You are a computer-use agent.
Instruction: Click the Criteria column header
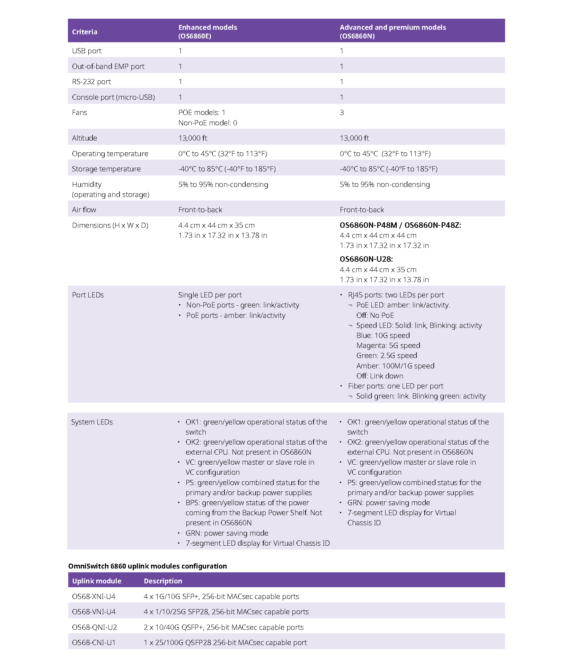85,32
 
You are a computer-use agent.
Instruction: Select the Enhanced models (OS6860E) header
208,32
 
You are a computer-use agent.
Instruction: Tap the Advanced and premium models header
393,32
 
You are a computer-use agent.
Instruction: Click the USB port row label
87,51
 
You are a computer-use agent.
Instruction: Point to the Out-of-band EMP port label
108,66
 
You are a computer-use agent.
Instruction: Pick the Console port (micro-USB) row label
113,97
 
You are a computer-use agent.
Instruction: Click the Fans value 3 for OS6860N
342,113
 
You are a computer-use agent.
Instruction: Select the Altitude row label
85,138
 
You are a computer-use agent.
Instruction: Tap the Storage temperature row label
106,169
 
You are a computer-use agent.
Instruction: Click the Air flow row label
84,210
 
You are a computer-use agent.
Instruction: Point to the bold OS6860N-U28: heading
366,259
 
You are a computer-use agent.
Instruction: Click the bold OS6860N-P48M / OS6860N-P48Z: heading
400,225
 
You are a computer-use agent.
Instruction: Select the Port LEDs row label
88,295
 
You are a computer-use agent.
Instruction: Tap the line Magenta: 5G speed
388,346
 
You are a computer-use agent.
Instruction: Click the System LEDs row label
92,422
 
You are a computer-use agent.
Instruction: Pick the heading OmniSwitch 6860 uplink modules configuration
148,566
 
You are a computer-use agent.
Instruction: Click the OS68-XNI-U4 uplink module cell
94,597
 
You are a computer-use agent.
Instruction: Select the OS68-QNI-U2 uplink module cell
95,627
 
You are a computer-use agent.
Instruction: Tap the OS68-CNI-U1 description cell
225,643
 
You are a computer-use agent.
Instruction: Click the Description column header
163,581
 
